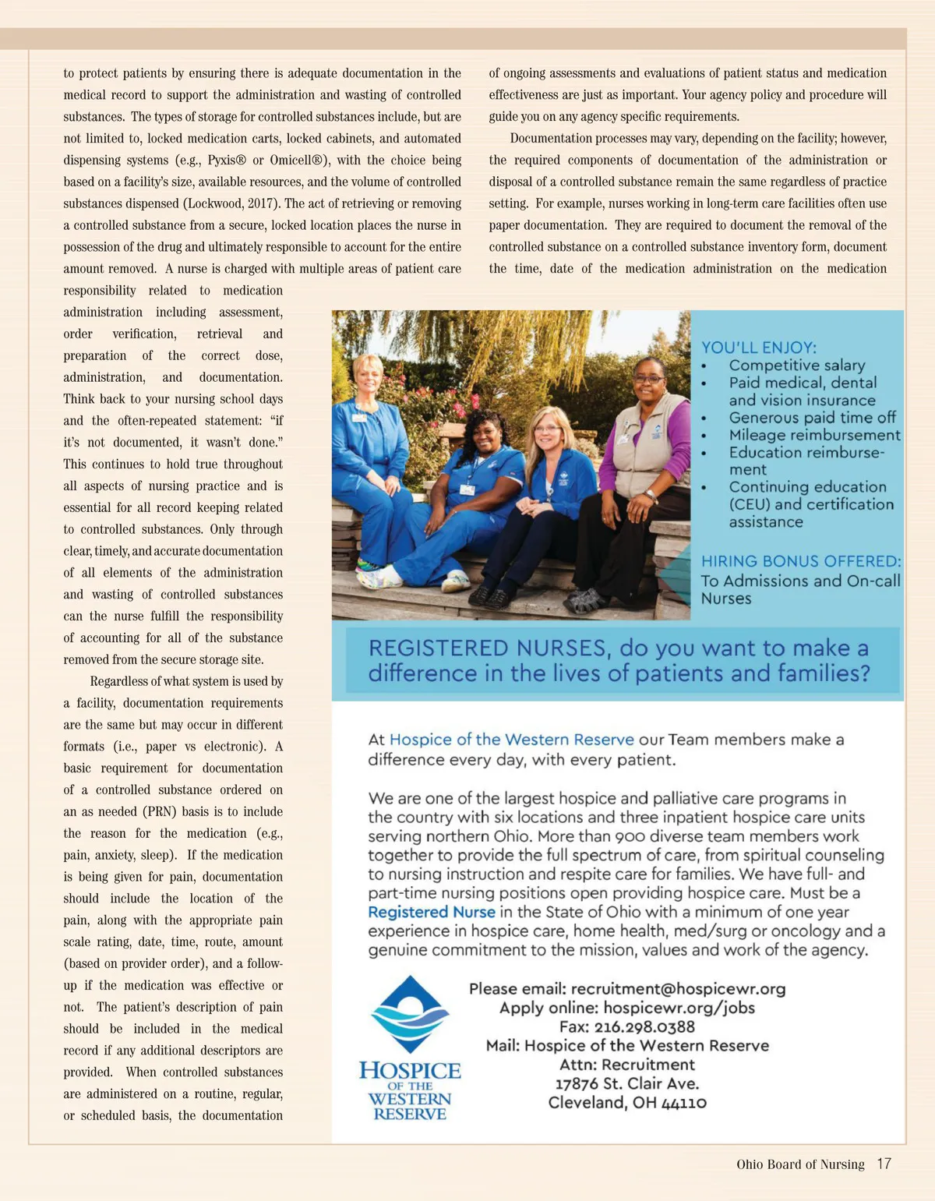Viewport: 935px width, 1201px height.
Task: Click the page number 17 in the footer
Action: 884,1164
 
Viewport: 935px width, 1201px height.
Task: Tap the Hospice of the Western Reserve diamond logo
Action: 410,1014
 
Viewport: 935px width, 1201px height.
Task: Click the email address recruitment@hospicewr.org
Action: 678,989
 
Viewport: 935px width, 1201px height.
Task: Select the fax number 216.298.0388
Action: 644,1027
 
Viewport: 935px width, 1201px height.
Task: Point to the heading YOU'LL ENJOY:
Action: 758,348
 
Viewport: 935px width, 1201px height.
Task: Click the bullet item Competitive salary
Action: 796,366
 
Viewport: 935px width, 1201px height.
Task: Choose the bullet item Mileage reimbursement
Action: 814,435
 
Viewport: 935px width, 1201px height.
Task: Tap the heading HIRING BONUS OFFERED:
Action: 800,561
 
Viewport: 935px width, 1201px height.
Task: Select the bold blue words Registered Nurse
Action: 432,912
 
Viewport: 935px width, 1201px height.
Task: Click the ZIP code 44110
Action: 683,1103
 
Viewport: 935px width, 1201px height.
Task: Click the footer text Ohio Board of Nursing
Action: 800,1164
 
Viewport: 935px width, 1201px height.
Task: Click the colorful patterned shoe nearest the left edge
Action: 379,577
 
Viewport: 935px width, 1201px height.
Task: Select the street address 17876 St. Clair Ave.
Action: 627,1083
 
